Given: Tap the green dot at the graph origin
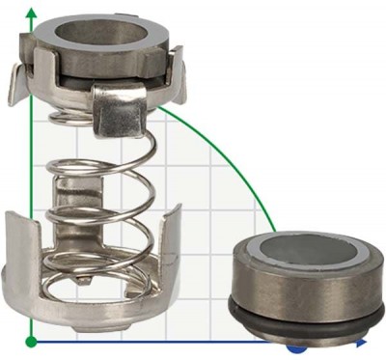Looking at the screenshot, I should (32, 341).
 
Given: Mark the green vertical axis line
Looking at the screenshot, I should (32, 193).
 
